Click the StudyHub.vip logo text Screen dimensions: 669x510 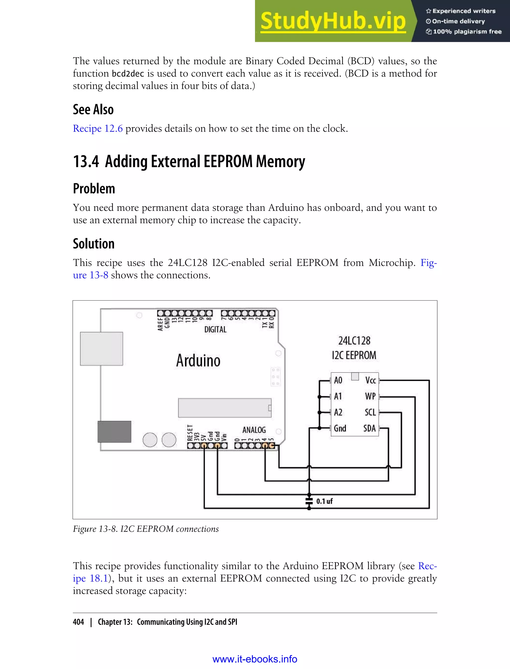coord(333,21)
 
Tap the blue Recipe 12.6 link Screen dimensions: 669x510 coord(98,129)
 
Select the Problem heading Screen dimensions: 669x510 coord(94,189)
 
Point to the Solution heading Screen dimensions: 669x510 coord(93,244)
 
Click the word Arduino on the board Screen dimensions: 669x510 coord(198,361)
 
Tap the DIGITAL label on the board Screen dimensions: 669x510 coord(215,330)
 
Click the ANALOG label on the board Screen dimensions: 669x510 coord(254,430)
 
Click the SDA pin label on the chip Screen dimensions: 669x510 coord(370,428)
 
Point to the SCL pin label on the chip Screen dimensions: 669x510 coord(370,412)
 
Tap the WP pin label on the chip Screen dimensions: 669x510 coord(370,396)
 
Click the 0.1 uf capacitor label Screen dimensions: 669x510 coord(324,501)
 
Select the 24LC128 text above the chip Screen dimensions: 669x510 coord(354,341)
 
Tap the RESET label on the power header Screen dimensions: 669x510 coord(190,433)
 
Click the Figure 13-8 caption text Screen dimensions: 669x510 coord(146,529)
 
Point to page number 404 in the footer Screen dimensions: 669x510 coord(78,622)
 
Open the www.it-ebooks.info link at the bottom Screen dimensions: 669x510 coord(255,659)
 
